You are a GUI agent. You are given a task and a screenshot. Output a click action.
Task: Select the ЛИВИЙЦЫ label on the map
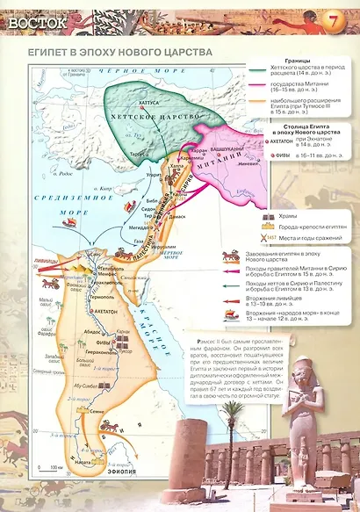point(51,260)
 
